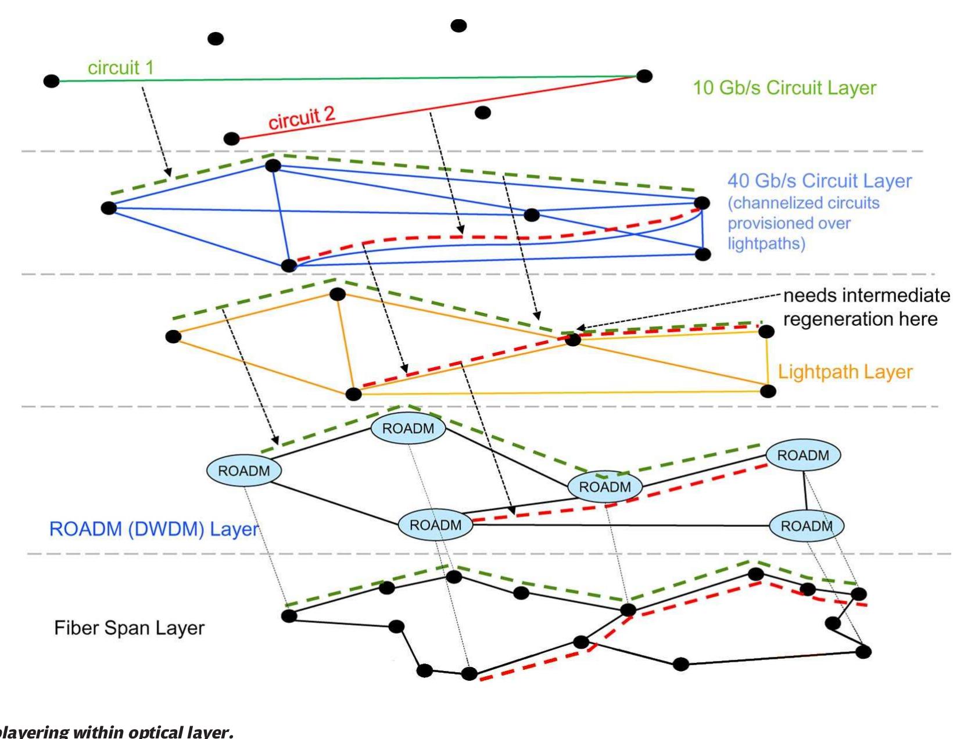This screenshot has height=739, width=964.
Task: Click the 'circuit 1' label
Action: coord(121,68)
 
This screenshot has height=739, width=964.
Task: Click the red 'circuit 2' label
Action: coord(302,118)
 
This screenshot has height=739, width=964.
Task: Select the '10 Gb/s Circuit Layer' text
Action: coord(784,88)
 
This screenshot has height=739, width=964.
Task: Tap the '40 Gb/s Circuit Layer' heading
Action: coord(819,181)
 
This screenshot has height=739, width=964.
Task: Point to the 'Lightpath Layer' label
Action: coord(845,372)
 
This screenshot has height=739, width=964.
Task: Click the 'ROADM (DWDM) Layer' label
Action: coord(154,529)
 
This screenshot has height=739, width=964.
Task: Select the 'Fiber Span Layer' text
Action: coord(129,628)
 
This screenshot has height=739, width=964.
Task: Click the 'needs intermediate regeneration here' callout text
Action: coord(866,307)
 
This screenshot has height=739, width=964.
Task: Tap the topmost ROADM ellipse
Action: coord(408,429)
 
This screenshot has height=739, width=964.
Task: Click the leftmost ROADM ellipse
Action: coord(244,471)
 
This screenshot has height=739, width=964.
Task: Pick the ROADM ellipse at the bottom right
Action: coord(807,526)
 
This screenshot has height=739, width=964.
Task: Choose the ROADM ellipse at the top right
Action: coord(803,455)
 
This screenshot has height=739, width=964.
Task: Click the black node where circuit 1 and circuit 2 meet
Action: coord(644,76)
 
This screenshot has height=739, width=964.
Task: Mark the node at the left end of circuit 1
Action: coord(52,81)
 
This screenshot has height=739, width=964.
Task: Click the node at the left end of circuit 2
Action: coord(231,139)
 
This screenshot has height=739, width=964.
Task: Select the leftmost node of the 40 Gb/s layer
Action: coord(109,208)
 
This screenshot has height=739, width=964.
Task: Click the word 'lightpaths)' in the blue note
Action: coord(766,243)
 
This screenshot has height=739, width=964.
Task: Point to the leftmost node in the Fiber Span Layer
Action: coord(289,616)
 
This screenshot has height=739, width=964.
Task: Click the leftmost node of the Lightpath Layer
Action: coord(173,336)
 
